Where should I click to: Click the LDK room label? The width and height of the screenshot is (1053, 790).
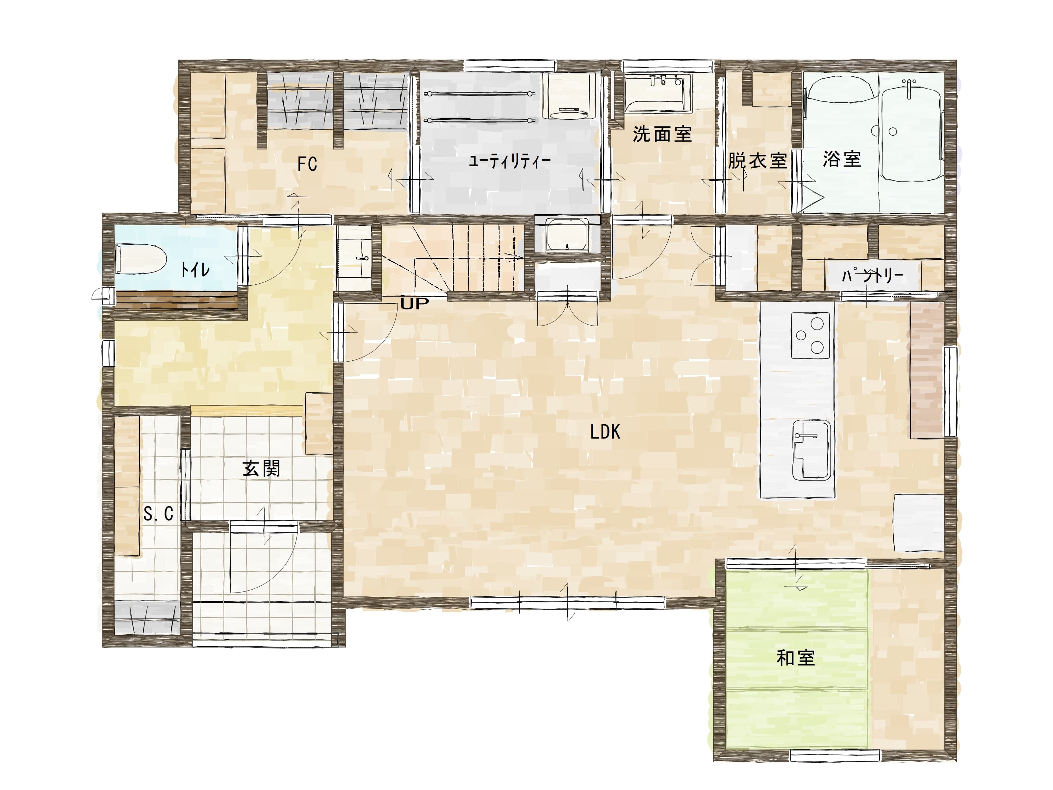click(x=605, y=432)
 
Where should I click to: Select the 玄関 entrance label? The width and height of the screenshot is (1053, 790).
click(x=261, y=469)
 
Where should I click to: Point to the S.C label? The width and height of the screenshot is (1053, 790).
click(x=159, y=513)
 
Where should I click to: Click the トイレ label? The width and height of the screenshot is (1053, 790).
click(x=195, y=270)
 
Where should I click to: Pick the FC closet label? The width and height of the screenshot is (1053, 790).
click(x=307, y=164)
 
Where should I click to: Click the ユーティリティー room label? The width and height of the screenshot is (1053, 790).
click(x=510, y=161)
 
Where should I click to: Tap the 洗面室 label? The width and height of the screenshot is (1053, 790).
click(x=662, y=134)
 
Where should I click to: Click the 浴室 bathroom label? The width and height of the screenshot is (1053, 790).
click(x=842, y=159)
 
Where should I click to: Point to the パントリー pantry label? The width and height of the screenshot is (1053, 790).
click(x=873, y=275)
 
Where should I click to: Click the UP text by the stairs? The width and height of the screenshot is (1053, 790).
click(x=414, y=303)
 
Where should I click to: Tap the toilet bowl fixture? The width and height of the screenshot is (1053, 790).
click(x=141, y=259)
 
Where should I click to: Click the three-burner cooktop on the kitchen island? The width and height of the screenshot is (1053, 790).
click(x=810, y=335)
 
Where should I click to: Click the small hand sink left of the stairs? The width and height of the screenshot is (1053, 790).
click(x=354, y=258)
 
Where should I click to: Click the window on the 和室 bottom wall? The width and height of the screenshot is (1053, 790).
click(x=835, y=755)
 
